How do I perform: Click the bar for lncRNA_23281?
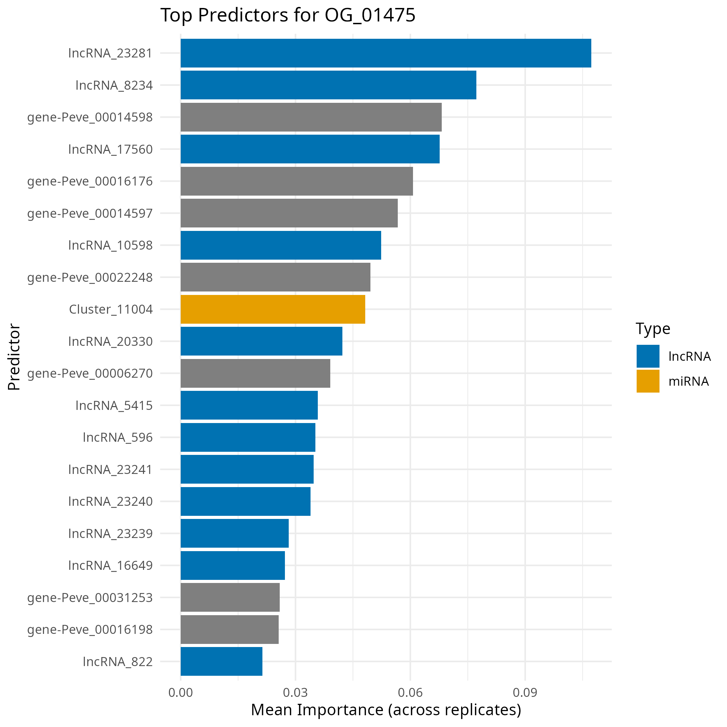pyautogui.click(x=385, y=53)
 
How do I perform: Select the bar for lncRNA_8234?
pyautogui.click(x=328, y=85)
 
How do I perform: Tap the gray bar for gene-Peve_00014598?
pyautogui.click(x=311, y=117)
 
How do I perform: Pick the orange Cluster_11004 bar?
pyautogui.click(x=272, y=309)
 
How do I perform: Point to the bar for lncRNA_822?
pyautogui.click(x=221, y=661)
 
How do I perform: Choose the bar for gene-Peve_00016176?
pyautogui.click(x=297, y=181)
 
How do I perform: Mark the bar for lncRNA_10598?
pyautogui.click(x=280, y=245)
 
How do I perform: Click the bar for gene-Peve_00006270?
pyautogui.click(x=255, y=373)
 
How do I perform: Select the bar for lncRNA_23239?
pyautogui.click(x=234, y=533)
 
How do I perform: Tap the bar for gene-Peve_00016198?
pyautogui.click(x=230, y=629)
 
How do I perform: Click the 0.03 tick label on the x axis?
pyautogui.click(x=295, y=692)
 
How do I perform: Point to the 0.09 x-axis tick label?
pyautogui.click(x=525, y=692)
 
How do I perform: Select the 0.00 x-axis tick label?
pyautogui.click(x=181, y=692)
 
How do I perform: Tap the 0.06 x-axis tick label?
pyautogui.click(x=410, y=692)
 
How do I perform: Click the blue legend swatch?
pyautogui.click(x=648, y=356)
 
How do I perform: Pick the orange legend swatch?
pyautogui.click(x=648, y=381)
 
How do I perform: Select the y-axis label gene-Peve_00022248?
pyautogui.click(x=90, y=277)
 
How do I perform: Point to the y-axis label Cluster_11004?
pyautogui.click(x=111, y=309)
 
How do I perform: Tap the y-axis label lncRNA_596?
pyautogui.click(x=117, y=437)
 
